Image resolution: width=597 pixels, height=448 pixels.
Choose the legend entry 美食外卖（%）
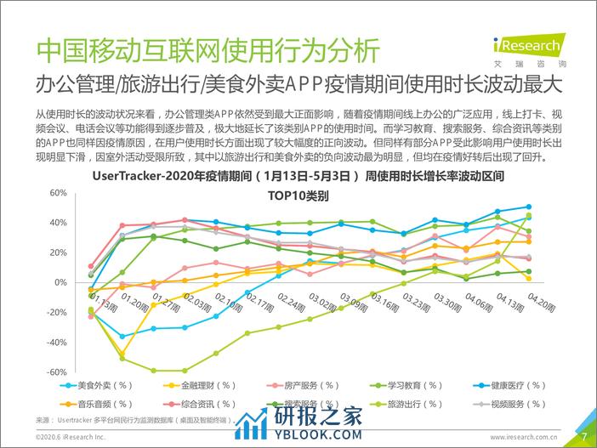[103, 385]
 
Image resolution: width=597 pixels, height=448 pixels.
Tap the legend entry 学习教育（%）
[392, 385]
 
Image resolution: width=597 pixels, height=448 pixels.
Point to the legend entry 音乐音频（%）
[103, 404]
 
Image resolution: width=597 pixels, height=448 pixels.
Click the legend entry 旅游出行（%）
[392, 404]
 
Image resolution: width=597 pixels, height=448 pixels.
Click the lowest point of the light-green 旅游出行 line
[154, 371]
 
